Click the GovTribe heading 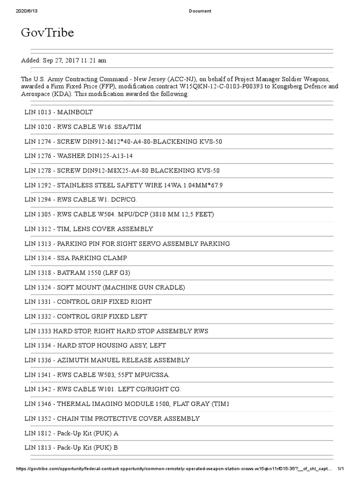(x=47, y=33)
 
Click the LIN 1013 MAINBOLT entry (x=59, y=112)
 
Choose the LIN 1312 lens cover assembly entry (x=89, y=229)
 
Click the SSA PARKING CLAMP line (x=75, y=258)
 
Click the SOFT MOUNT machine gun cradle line (x=105, y=287)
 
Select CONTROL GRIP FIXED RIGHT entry (x=88, y=302)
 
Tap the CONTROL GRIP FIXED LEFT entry (x=86, y=316)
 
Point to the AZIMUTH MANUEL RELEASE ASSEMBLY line (x=107, y=360)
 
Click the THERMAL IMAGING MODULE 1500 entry (x=127, y=404)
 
